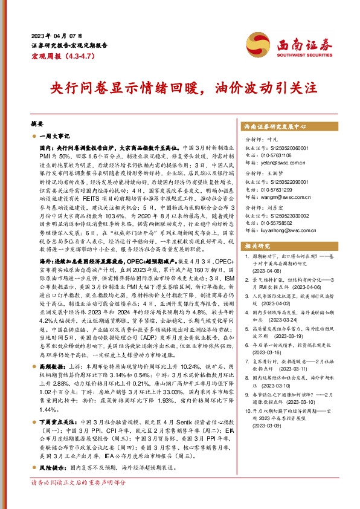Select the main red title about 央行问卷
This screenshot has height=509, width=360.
[179, 86]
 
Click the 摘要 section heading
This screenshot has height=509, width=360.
[37, 121]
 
